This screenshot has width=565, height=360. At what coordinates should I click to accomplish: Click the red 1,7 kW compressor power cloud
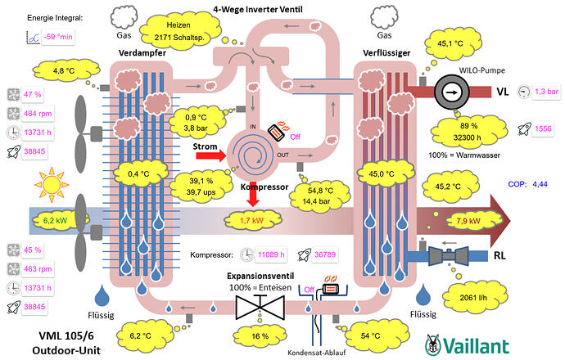point(251,219)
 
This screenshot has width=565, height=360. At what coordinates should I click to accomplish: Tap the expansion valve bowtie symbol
point(259,306)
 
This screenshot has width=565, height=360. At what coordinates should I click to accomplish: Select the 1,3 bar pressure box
point(545,92)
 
